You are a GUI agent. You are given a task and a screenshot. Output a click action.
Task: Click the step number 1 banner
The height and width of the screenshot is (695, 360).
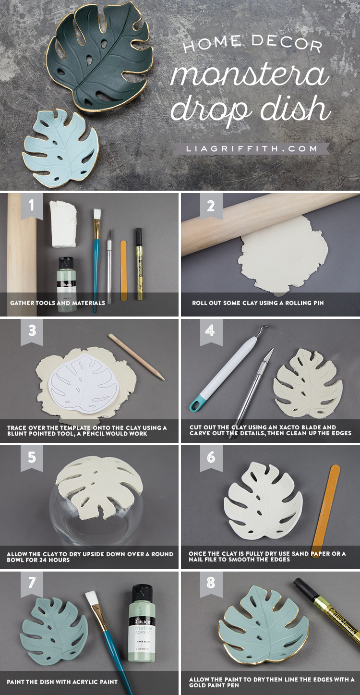pyautogui.click(x=31, y=206)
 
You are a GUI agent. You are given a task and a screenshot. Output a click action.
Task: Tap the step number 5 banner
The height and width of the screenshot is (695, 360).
pyautogui.click(x=31, y=457)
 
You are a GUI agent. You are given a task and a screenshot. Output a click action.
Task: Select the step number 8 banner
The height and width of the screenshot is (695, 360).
pyautogui.click(x=211, y=584)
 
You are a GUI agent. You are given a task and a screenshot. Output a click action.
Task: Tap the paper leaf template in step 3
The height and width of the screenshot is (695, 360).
pyautogui.click(x=84, y=388)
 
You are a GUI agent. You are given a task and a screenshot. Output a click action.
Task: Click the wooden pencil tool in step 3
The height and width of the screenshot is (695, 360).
pyautogui.click(x=137, y=356)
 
